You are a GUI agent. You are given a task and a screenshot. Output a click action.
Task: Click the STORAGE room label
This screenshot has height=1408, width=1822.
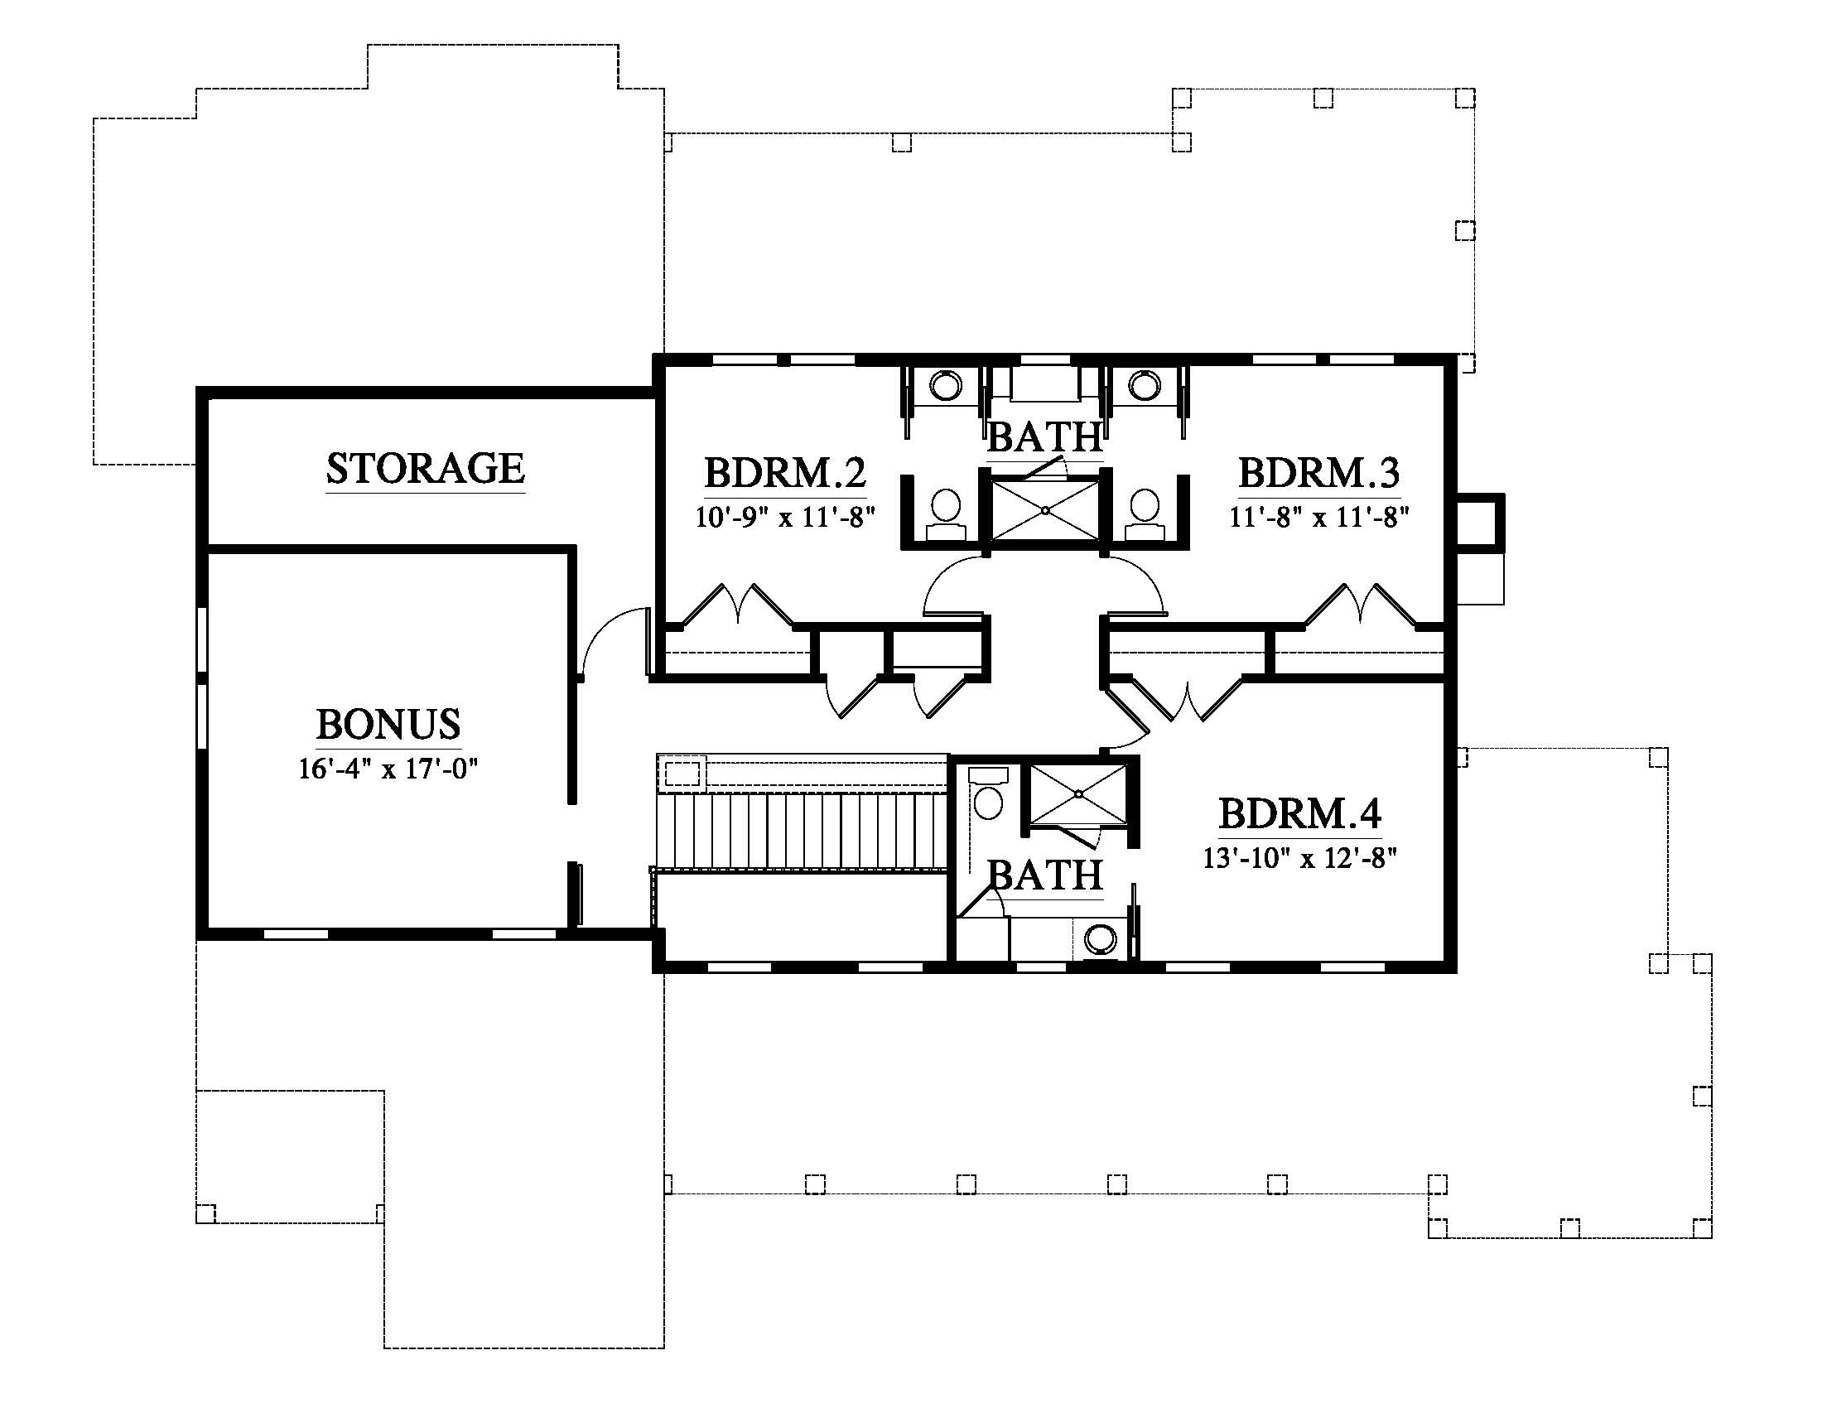click(426, 468)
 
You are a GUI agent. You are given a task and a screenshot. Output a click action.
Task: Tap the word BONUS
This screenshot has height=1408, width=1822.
click(388, 724)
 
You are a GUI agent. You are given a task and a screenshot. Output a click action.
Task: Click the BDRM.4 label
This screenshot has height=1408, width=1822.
click(1299, 813)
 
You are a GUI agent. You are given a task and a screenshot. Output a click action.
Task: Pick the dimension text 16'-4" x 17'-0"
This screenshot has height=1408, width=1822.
click(388, 769)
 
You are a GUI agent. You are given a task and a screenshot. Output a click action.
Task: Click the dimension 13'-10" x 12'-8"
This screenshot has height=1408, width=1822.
click(1299, 857)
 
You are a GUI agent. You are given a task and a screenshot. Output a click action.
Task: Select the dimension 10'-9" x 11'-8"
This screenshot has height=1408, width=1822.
click(786, 517)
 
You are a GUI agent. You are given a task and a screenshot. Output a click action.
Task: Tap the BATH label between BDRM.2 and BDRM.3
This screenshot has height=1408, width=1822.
click(1045, 436)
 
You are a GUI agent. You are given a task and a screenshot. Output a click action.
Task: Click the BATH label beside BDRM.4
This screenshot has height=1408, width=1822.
click(1045, 875)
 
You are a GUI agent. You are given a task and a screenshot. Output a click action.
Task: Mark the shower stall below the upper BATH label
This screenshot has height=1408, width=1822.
click(1045, 509)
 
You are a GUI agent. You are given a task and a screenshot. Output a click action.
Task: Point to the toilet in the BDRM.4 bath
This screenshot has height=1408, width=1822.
click(989, 796)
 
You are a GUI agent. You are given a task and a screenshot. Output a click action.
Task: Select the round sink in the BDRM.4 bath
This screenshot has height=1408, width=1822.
click(1101, 938)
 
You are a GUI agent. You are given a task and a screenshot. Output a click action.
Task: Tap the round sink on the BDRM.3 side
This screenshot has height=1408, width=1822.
click(1144, 385)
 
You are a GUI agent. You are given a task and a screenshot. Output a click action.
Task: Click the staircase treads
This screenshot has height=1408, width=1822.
click(802, 831)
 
